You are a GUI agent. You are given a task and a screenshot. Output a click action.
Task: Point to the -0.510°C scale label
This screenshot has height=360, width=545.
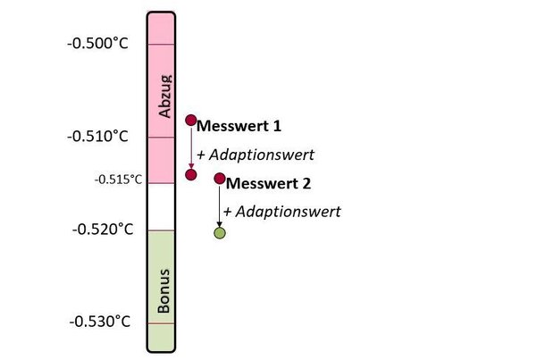pos(97,137)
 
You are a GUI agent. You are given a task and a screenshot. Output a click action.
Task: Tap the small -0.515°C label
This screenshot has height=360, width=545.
pos(119,180)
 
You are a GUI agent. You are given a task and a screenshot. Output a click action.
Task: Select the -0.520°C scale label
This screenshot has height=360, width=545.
pos(102,230)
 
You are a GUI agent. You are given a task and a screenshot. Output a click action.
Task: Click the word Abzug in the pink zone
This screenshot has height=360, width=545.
pos(163,96)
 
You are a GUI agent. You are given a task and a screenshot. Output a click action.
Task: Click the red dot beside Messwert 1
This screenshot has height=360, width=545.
pos(190,119)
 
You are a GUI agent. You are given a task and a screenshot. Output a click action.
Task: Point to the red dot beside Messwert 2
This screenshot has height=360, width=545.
pos(220,179)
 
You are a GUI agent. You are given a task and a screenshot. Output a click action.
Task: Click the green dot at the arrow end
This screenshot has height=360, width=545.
pos(220,233)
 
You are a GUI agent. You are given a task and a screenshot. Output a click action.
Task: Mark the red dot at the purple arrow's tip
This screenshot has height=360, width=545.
pos(190,174)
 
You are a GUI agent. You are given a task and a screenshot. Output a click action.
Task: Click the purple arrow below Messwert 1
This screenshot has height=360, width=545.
pos(190,147)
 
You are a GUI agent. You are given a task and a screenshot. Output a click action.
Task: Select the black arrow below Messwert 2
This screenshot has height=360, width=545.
pos(220,205)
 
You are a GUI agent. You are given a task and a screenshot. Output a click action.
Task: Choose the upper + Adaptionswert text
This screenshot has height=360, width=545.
pos(255,154)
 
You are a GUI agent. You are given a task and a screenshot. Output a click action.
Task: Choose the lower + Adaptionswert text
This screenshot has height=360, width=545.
pos(282,212)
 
